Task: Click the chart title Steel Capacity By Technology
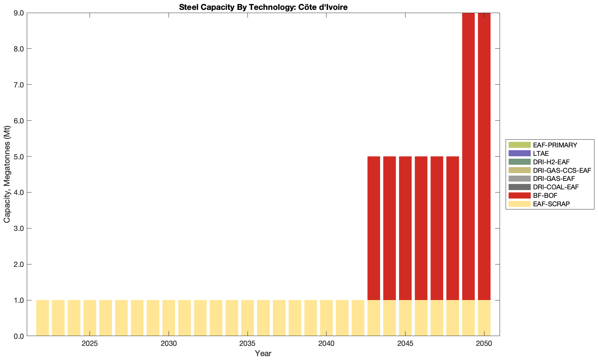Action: [x=263, y=7]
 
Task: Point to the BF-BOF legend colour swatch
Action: [x=519, y=195]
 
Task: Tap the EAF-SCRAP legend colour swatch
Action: [x=519, y=204]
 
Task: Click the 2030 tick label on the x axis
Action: [x=169, y=343]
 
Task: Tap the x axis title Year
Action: [x=263, y=353]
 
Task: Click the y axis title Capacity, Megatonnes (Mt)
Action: [x=7, y=175]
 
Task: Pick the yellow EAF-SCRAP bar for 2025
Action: [x=90, y=318]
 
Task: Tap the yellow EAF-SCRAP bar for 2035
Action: [x=248, y=318]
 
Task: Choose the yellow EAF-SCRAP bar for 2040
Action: [x=327, y=318]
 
